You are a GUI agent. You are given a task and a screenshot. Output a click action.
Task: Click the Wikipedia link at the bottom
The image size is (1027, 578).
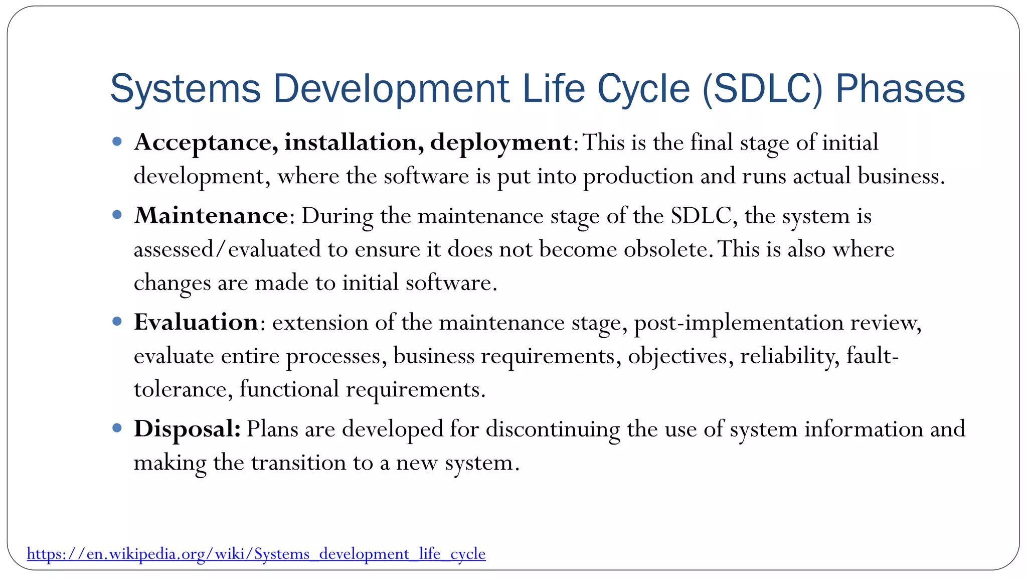pos(256,554)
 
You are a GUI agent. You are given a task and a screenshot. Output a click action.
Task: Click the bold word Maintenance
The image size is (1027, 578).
pos(211,216)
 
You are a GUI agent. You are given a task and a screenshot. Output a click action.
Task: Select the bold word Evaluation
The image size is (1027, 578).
pos(196,322)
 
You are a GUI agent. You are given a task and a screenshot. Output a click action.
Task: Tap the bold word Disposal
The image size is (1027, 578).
pos(187,429)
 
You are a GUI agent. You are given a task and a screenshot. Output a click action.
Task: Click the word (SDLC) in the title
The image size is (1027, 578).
pos(763,89)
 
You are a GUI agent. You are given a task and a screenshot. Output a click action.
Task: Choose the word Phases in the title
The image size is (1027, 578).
pos(900,89)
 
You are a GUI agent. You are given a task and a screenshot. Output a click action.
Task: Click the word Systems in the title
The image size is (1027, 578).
pos(186,89)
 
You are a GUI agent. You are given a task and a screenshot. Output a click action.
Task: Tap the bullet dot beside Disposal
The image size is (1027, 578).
pos(117,428)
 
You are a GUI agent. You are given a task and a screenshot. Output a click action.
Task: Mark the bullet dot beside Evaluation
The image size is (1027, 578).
pos(117,321)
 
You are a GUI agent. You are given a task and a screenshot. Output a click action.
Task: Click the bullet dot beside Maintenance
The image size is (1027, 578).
pos(117,215)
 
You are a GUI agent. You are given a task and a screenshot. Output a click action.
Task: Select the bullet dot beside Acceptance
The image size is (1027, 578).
pos(117,141)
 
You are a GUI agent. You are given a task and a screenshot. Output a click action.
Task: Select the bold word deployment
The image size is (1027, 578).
pos(500,143)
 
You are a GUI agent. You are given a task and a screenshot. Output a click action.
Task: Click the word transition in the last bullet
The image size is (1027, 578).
pos(298,463)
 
